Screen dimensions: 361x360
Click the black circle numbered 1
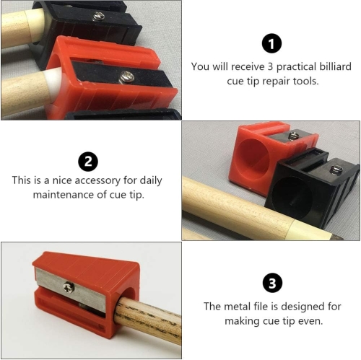pos(271,43)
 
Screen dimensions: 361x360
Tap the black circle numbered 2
pos(88,162)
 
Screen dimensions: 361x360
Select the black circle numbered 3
pos(272,283)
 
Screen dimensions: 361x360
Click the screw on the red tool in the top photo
pos(127,76)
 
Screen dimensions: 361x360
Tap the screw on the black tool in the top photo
pos(98,17)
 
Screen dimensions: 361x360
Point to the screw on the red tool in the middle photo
pos(294,135)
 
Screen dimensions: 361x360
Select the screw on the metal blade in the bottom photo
pos(69,287)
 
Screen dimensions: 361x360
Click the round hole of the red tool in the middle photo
pos(253,159)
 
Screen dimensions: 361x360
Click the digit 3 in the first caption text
pos(270,66)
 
